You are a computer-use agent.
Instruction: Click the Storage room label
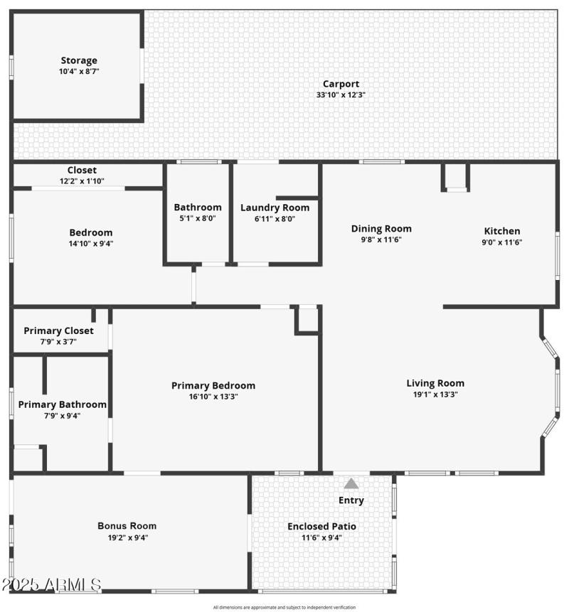point(78,61)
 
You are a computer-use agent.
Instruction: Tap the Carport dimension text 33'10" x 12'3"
point(341,95)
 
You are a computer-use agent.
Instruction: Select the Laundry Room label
point(275,208)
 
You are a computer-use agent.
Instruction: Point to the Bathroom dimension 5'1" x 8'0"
point(198,219)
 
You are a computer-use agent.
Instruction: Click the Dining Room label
point(381,229)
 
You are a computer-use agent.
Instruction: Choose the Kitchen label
point(502,231)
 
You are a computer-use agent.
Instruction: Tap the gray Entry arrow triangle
point(351,483)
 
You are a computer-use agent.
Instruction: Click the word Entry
point(351,500)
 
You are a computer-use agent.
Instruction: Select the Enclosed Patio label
point(321,527)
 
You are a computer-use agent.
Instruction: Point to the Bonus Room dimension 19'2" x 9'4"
point(127,538)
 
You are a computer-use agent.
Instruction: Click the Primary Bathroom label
point(63,404)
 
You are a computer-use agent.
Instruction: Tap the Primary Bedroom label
point(213,386)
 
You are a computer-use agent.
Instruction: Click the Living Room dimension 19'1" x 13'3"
point(435,394)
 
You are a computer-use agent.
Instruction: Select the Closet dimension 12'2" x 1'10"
point(82,182)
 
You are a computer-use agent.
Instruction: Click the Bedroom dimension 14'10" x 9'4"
point(90,244)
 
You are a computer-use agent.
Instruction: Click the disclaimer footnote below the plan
point(284,608)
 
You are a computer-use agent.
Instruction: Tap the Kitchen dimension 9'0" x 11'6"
point(502,242)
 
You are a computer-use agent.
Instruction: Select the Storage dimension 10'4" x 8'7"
point(78,72)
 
